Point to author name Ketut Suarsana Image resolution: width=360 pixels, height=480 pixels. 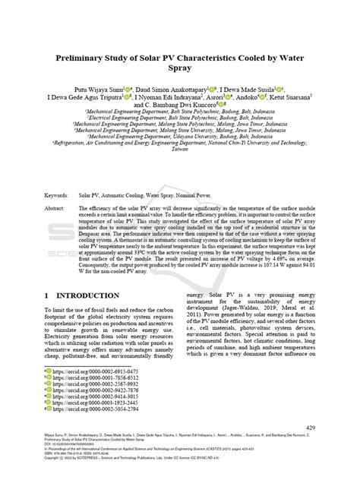coord(288,98)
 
